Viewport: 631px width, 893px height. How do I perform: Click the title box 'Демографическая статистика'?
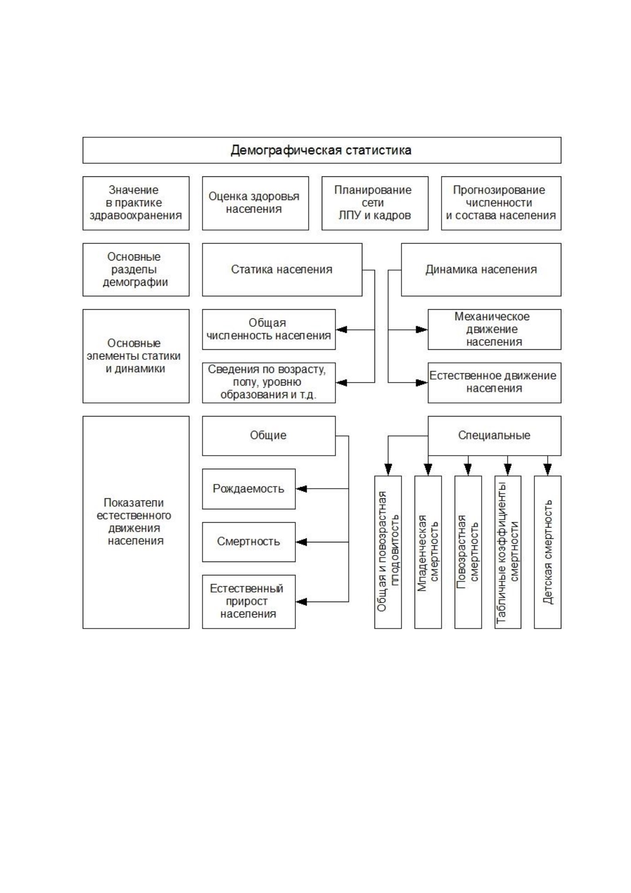tap(322, 150)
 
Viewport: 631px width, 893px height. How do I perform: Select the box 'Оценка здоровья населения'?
tap(255, 203)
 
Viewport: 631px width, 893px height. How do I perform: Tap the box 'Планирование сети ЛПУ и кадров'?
tap(375, 203)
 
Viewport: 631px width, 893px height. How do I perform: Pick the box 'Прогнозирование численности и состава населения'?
tap(501, 203)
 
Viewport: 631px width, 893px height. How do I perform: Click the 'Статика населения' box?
tap(282, 270)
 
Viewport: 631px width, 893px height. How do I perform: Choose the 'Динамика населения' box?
tap(481, 270)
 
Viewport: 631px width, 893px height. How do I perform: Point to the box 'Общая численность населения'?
tap(269, 329)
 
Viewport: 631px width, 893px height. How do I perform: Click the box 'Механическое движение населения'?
tap(494, 329)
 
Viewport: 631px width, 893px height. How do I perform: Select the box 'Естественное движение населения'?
tap(494, 382)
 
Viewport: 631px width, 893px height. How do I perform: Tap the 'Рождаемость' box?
tap(249, 489)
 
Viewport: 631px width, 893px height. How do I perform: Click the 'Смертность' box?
tap(249, 542)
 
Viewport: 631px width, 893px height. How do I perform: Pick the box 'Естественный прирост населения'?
tap(249, 602)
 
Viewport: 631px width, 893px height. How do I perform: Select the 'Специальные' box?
tap(494, 436)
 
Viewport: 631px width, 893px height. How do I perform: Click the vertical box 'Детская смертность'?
tap(548, 552)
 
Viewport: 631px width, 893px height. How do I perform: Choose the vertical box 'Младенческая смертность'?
tap(428, 552)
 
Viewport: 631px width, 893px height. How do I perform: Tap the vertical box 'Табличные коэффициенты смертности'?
tap(508, 552)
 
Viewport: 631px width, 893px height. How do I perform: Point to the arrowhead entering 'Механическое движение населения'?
tap(422, 329)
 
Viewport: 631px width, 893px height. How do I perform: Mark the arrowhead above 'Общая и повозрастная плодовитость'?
tap(388, 470)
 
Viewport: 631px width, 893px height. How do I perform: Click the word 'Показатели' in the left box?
tap(134, 503)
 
